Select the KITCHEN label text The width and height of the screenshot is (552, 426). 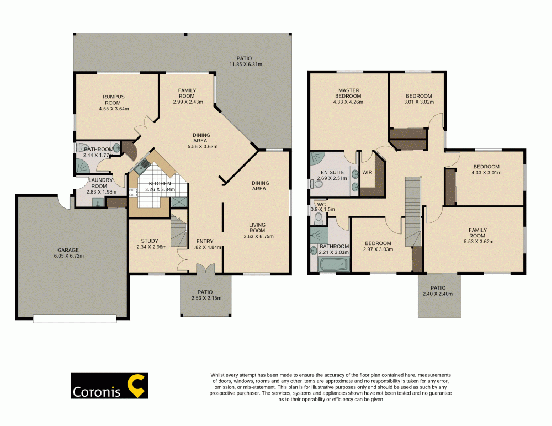pyautogui.click(x=159, y=184)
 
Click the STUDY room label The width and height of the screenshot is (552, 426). pyautogui.click(x=149, y=241)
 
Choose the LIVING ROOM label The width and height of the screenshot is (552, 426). pyautogui.click(x=258, y=227)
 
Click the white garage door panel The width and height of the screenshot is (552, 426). pyautogui.click(x=75, y=318)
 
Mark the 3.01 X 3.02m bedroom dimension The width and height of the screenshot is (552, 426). pyautogui.click(x=418, y=102)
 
